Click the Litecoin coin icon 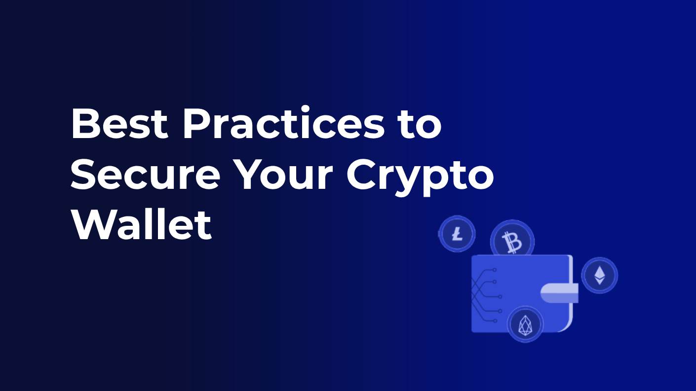[x=457, y=234]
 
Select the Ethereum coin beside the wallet [x=599, y=275]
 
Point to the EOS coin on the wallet [x=525, y=324]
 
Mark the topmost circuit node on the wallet [x=495, y=270]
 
